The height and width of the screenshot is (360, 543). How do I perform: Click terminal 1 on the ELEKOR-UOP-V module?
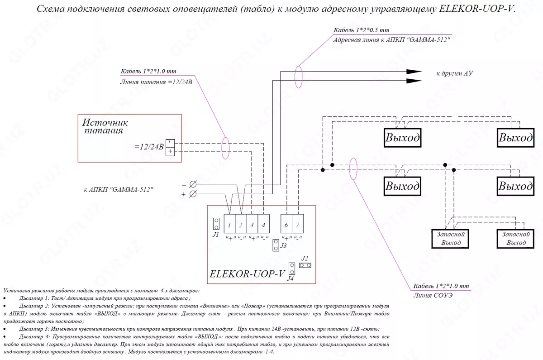click(230, 225)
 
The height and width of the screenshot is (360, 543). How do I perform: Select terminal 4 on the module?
click(263, 225)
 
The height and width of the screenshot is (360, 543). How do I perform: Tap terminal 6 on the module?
click(286, 225)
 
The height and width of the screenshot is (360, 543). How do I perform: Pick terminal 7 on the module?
click(298, 225)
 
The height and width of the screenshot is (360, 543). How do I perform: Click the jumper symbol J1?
click(216, 223)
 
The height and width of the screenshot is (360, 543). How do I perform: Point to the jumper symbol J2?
click(305, 264)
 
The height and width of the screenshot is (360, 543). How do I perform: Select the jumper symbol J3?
click(276, 246)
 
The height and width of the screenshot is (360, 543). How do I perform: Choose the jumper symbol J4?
click(292, 269)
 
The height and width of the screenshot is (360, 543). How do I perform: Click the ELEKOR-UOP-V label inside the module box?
click(247, 274)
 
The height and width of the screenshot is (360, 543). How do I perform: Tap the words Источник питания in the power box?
click(105, 126)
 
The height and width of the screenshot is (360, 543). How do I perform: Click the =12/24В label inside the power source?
click(149, 147)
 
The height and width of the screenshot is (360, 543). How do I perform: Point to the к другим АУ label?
click(454, 73)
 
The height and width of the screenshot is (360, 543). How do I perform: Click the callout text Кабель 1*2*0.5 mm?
click(361, 30)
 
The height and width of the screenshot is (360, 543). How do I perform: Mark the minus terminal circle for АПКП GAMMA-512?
click(192, 184)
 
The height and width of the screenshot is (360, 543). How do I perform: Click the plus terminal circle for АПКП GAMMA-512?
click(192, 194)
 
